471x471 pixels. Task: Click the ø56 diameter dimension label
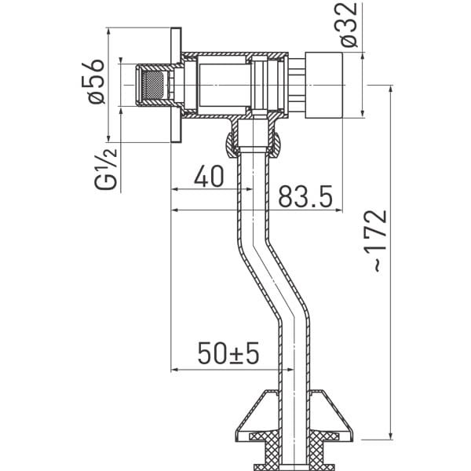[93, 82]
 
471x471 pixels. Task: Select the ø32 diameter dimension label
[349, 24]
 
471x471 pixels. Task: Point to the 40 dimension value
[209, 176]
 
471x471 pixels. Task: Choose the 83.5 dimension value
[305, 197]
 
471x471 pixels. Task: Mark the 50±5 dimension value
[228, 353]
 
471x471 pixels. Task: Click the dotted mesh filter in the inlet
[153, 86]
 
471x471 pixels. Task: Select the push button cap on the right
[323, 86]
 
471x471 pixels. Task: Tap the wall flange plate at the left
[176, 85]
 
